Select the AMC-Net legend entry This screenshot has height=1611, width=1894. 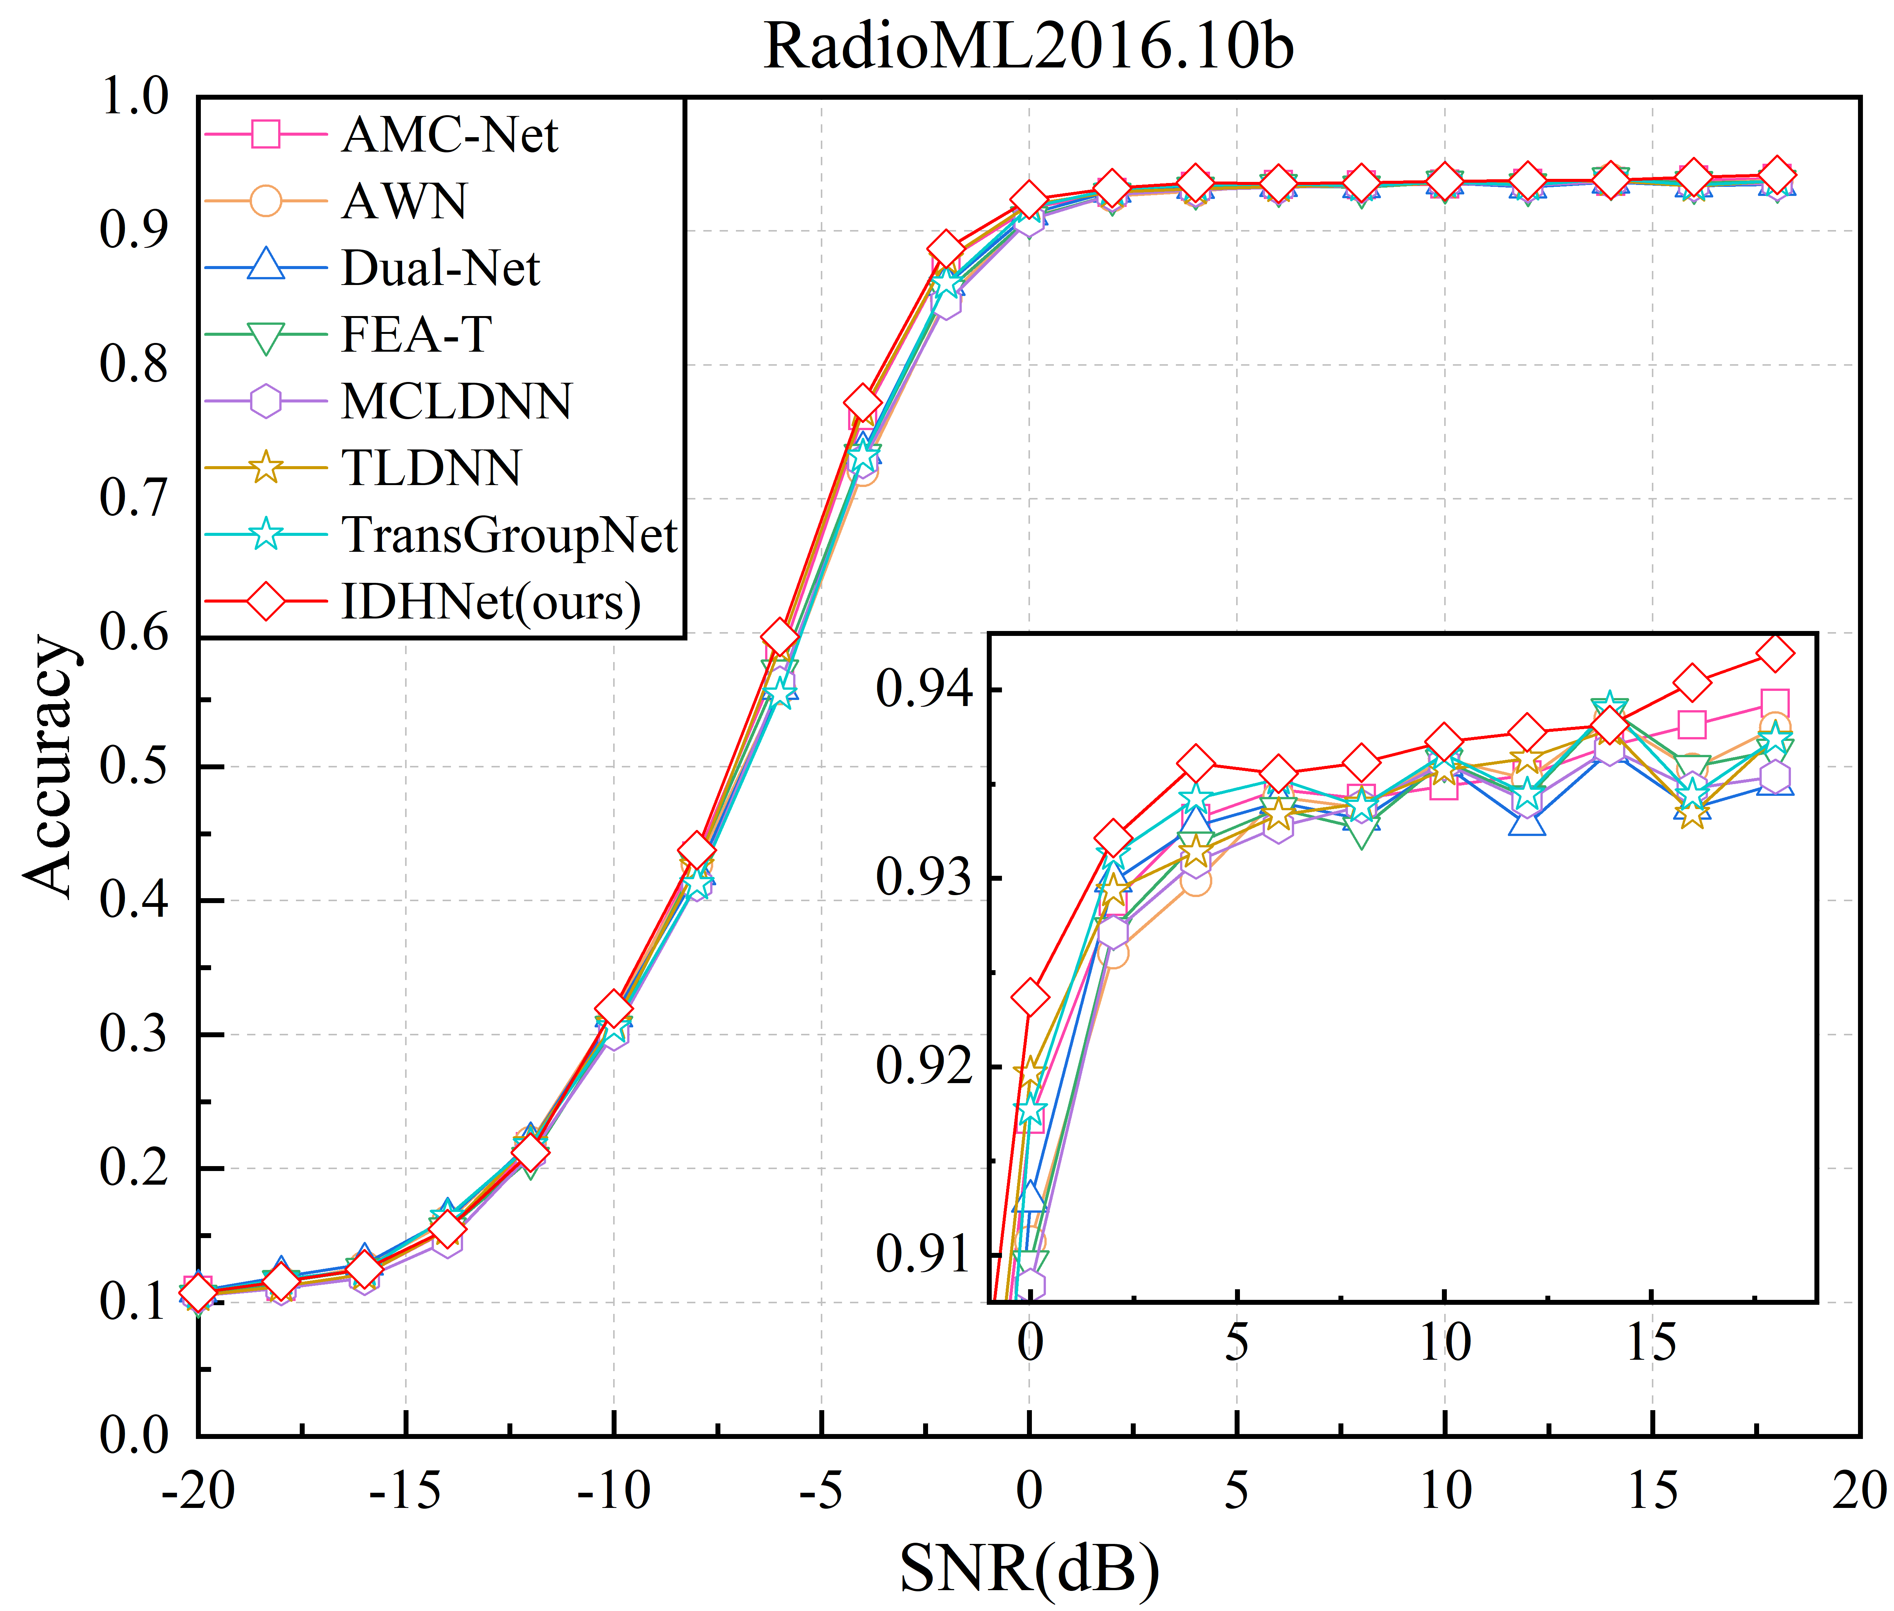[449, 135]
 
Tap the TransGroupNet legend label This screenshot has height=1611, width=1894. [509, 534]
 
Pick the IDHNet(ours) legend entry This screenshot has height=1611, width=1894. [490, 602]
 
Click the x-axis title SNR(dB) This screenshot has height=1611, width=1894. [1029, 1567]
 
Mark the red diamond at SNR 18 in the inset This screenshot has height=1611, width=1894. [1775, 653]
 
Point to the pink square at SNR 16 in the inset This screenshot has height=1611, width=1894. [1692, 724]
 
